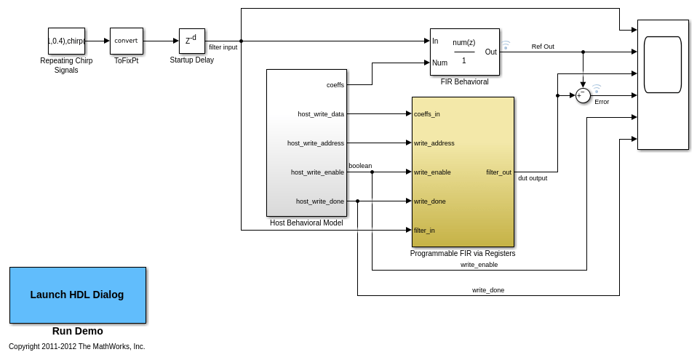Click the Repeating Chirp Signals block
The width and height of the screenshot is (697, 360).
click(66, 41)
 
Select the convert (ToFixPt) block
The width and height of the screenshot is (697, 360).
click(126, 41)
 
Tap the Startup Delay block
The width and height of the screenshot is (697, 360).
click(191, 41)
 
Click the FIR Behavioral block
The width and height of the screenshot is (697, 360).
click(464, 52)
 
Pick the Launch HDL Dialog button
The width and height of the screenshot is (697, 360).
click(77, 295)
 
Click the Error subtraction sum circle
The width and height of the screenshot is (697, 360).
click(583, 95)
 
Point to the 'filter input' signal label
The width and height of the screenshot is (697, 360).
click(223, 47)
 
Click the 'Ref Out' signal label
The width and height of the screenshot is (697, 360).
click(543, 47)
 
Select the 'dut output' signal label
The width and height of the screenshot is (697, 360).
click(533, 178)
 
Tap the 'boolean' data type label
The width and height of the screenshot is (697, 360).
click(360, 166)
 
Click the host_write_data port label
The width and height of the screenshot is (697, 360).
click(321, 114)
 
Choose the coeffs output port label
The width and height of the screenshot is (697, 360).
click(335, 85)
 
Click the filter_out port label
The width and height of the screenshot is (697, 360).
click(498, 172)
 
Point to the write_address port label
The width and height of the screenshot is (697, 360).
click(434, 143)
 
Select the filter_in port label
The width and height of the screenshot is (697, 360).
click(424, 231)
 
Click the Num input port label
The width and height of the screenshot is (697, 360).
click(439, 63)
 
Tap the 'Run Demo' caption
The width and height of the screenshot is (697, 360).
click(77, 331)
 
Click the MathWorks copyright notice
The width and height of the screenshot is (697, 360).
click(77, 347)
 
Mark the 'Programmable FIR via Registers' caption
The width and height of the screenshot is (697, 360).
click(463, 254)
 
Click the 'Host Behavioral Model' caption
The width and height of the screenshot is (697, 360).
click(306, 223)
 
